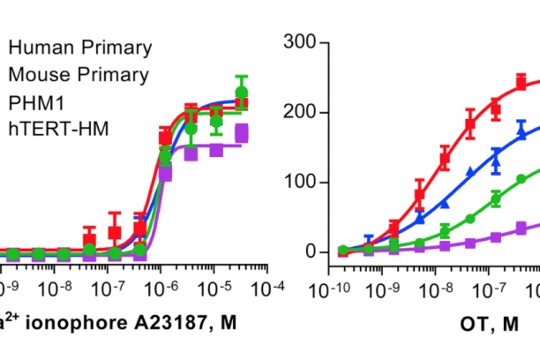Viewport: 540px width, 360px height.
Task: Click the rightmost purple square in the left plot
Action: (242, 133)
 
